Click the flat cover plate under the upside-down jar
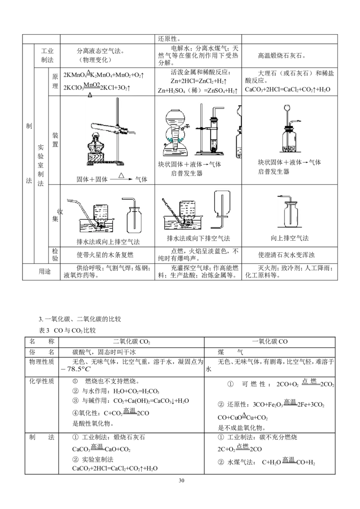point(221,217)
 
